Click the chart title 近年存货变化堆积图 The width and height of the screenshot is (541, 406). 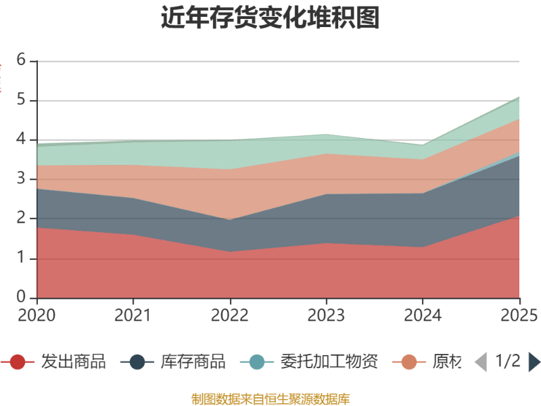click(x=270, y=18)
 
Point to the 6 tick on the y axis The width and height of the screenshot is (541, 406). click(x=21, y=60)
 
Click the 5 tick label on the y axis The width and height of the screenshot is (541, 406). click(x=21, y=100)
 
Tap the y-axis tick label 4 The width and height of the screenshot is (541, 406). click(x=21, y=139)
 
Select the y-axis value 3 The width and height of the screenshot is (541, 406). click(x=21, y=179)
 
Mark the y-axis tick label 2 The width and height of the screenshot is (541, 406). click(x=21, y=219)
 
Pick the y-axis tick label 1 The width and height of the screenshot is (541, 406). click(x=21, y=258)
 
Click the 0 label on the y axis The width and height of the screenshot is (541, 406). click(x=21, y=298)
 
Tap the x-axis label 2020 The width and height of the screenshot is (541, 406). click(x=37, y=315)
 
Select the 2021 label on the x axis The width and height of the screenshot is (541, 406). click(x=133, y=315)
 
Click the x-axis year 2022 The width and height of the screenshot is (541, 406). click(x=230, y=315)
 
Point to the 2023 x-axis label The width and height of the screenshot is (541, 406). click(x=326, y=315)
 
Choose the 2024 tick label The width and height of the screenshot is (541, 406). click(x=423, y=315)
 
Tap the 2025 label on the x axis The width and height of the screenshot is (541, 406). click(x=519, y=315)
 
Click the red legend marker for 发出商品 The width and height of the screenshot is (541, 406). click(x=18, y=362)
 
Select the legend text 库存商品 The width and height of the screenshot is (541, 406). click(x=193, y=361)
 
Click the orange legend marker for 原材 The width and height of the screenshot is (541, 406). click(x=409, y=362)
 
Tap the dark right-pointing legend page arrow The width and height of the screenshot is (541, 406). click(x=534, y=362)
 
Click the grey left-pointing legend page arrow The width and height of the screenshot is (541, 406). click(x=481, y=362)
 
